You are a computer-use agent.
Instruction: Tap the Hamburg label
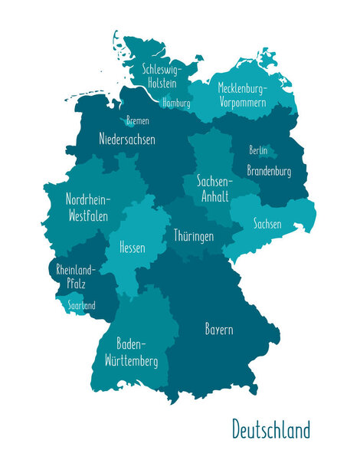(x=177, y=102)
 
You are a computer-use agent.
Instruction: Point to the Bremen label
(x=138, y=120)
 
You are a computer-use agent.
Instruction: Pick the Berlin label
(x=258, y=150)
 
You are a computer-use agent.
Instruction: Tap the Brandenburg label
(x=269, y=171)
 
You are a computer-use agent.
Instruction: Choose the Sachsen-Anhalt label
(x=214, y=188)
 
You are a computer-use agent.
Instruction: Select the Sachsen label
(x=267, y=225)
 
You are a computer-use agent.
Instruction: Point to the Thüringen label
(x=193, y=236)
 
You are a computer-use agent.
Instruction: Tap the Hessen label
(x=132, y=248)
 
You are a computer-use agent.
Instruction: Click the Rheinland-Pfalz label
(x=74, y=276)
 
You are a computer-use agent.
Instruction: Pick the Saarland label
(x=81, y=305)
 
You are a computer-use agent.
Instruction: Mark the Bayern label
(x=219, y=330)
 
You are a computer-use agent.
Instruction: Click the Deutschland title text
(x=271, y=429)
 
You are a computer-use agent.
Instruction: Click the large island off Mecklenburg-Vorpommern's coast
(x=266, y=60)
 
